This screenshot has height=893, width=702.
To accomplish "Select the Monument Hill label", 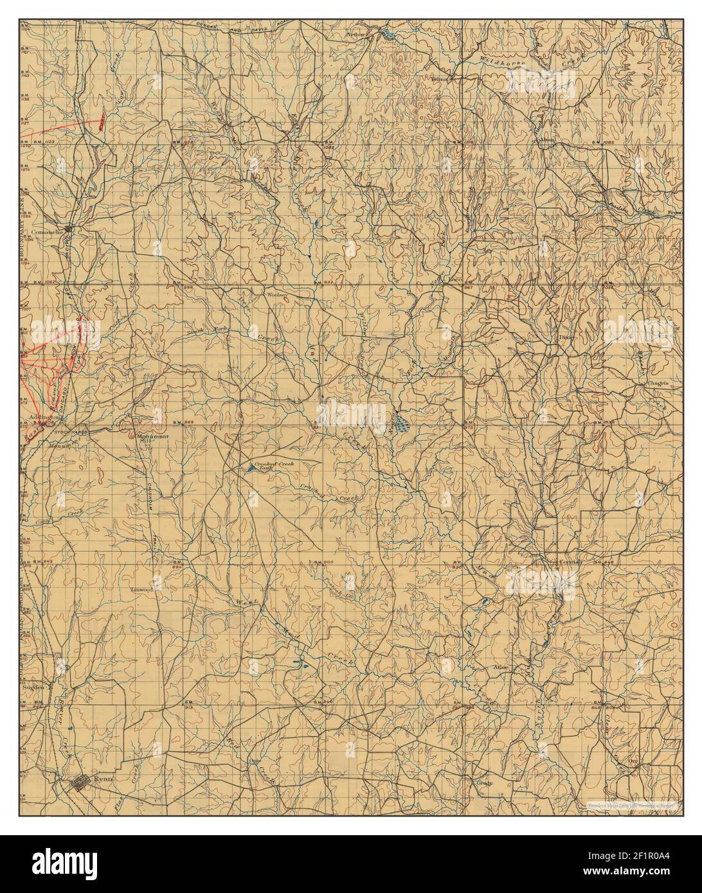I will tap(153, 440).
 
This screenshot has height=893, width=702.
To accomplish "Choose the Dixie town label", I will tap(566, 337).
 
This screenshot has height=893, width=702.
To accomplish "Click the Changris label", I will tap(658, 383).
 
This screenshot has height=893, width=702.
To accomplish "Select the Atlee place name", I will tap(500, 668).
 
